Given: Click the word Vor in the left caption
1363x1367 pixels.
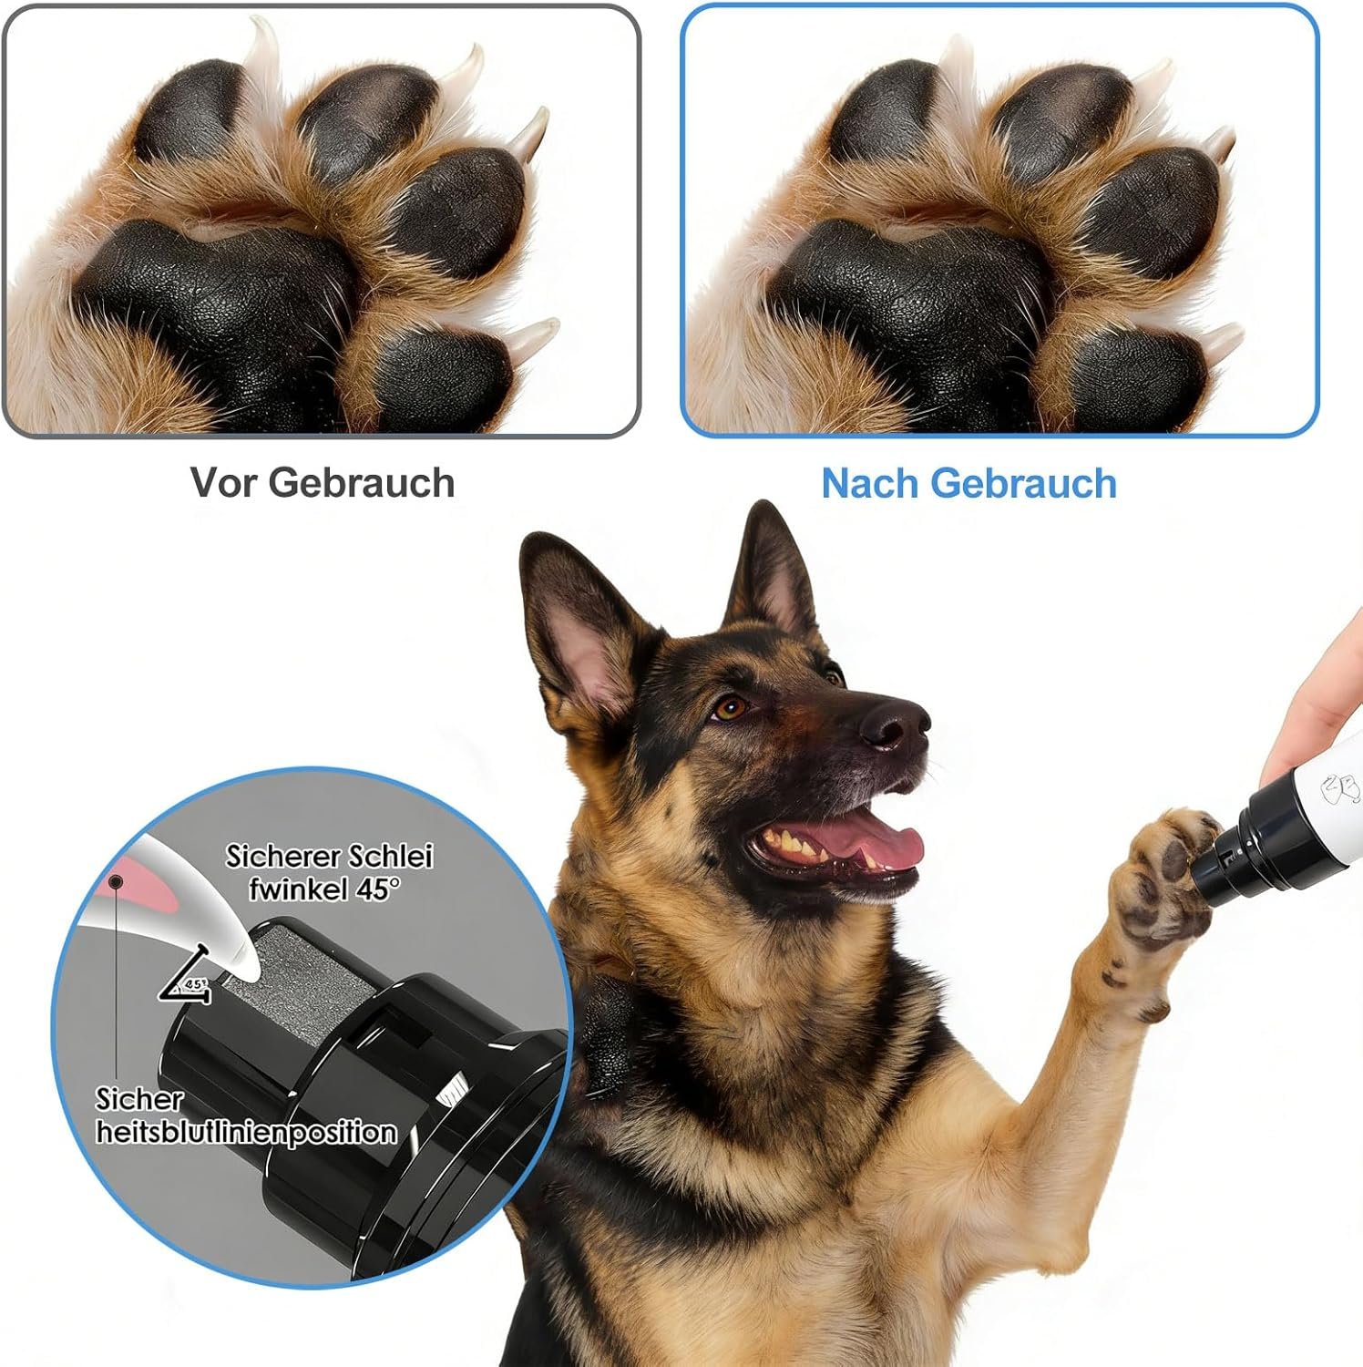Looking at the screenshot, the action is coord(223,482).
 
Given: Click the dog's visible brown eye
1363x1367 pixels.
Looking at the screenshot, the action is coord(729,706).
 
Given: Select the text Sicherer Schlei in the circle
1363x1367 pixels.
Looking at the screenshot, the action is coord(329,856).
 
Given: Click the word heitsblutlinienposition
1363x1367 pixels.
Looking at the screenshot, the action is coord(246,1132).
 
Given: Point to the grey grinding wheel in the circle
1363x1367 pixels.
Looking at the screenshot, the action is coord(296,980).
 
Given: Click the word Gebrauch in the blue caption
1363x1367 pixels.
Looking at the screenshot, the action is coord(1024,483).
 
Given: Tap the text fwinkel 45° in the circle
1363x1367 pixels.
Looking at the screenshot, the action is coord(323,888).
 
